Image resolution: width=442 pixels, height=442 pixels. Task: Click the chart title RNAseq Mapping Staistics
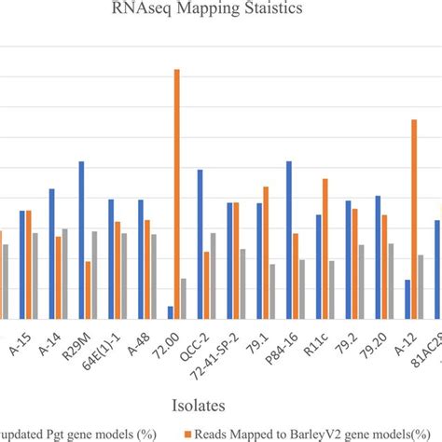coord(221,13)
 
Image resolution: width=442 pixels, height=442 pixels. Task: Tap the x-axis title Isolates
coord(220,404)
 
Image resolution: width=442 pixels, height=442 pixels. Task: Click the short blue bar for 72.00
coord(171,311)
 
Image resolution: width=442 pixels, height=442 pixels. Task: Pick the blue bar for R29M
coord(81,241)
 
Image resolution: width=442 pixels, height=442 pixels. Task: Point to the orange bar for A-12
coord(414,219)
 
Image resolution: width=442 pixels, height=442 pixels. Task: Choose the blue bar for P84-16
coord(289,241)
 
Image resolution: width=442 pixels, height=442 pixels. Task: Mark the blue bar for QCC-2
coord(200,244)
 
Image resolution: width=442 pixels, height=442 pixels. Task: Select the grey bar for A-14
coord(64,273)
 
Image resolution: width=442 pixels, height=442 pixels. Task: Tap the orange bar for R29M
coord(88,290)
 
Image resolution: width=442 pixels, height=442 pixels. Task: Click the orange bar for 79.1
coord(266,253)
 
